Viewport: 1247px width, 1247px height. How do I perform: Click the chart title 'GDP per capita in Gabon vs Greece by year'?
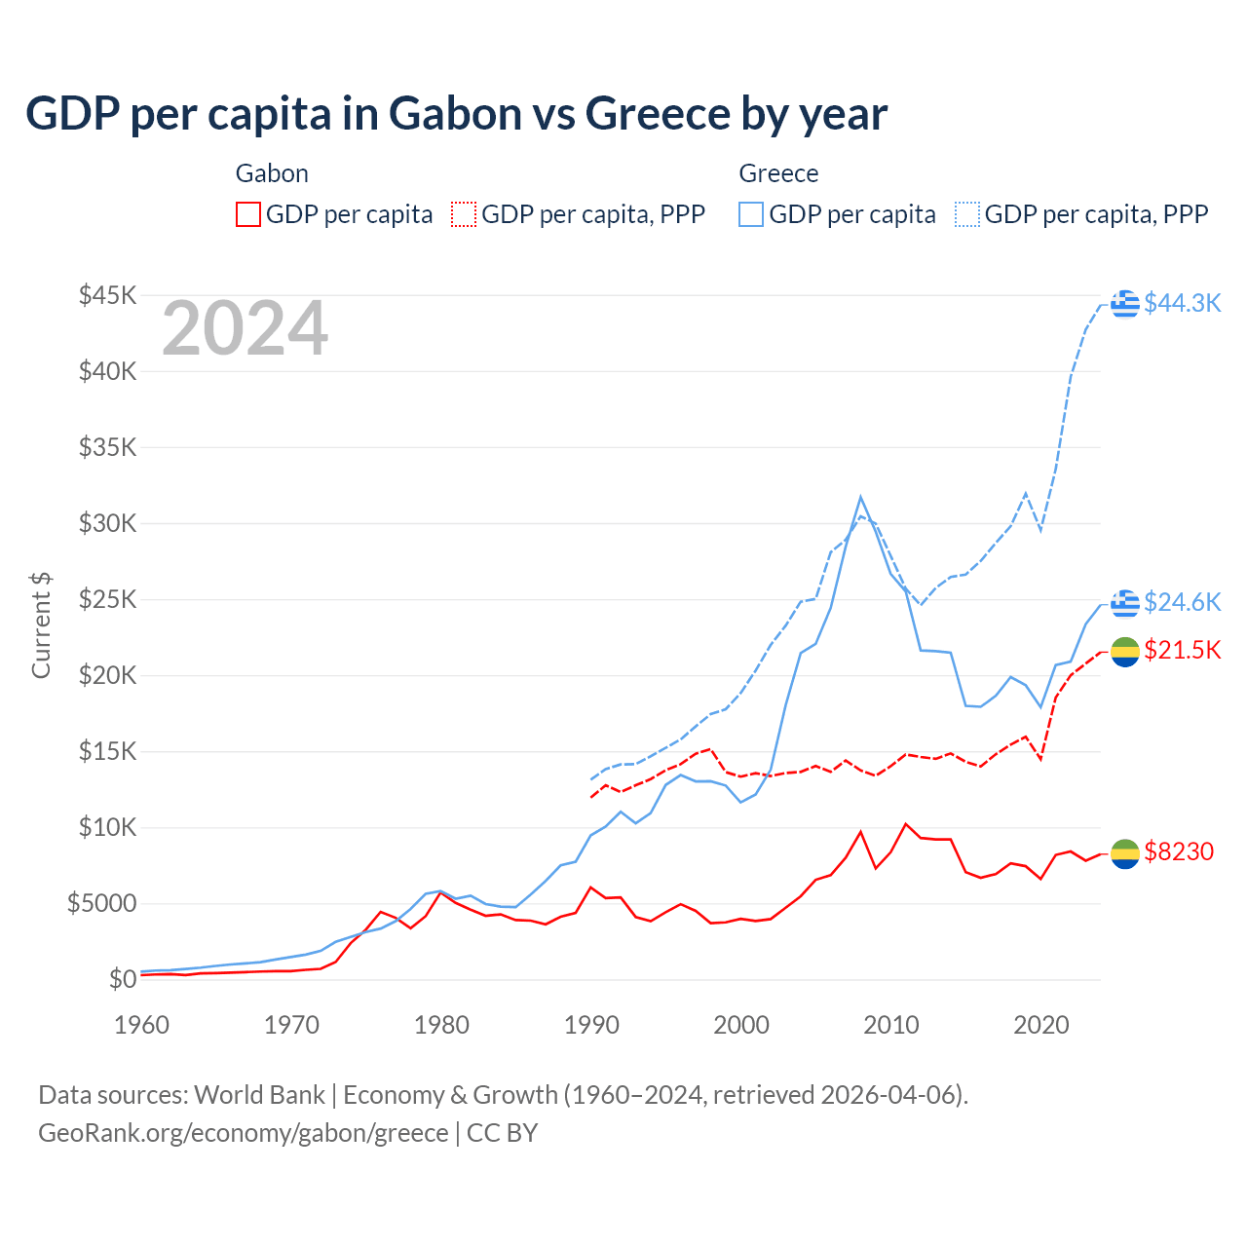point(456,114)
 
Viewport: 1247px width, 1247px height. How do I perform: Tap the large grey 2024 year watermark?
point(245,329)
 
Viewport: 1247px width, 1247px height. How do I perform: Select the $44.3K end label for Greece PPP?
point(1182,303)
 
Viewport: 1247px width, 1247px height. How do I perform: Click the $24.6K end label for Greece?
point(1182,602)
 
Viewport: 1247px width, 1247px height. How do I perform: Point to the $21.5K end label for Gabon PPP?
point(1182,650)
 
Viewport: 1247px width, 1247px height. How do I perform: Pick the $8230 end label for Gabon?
point(1179,851)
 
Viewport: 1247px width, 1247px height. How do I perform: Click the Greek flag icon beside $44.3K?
point(1125,303)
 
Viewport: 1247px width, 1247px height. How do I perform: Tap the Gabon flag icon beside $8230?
point(1125,852)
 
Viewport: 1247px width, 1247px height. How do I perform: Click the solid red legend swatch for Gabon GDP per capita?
point(248,214)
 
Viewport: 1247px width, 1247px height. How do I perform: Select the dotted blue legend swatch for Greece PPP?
point(967,214)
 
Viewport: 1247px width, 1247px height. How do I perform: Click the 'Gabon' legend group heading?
point(272,173)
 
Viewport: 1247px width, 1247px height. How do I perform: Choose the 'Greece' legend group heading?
point(778,173)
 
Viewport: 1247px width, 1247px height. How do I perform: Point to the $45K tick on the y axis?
point(107,295)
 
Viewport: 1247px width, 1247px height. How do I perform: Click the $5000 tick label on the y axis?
point(101,903)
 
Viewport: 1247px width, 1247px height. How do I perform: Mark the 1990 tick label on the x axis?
point(591,1025)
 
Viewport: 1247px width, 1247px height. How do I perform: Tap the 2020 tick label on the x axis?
point(1041,1025)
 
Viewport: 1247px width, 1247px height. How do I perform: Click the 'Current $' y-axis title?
point(41,625)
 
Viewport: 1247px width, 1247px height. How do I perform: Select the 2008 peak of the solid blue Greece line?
point(860,497)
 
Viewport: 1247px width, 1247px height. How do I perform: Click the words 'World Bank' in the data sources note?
point(259,1095)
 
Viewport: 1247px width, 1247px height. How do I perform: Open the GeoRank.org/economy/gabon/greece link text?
point(243,1133)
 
